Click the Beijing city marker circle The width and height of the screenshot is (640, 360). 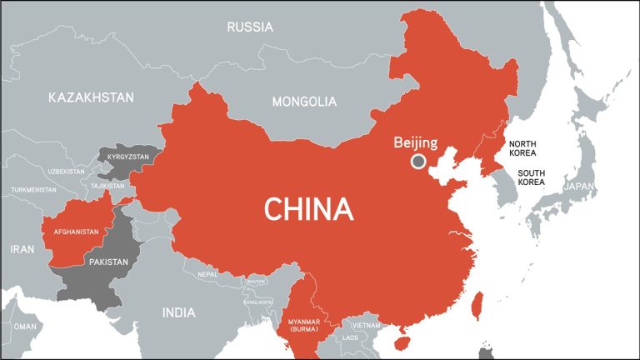[x=418, y=161]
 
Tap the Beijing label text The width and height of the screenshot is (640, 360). [x=416, y=142]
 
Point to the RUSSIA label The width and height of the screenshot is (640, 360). [x=250, y=27]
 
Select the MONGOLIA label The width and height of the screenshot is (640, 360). [x=305, y=102]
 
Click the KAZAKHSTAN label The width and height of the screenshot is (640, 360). [x=91, y=97]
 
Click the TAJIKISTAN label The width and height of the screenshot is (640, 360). [x=107, y=186]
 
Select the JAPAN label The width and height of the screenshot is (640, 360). [x=581, y=187]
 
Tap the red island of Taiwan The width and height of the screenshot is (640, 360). [x=477, y=305]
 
